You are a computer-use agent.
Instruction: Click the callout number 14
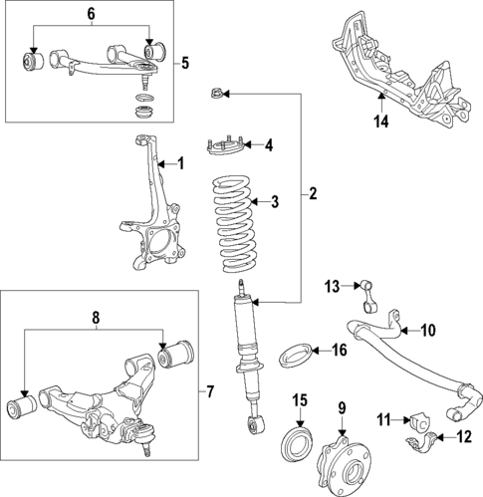380,124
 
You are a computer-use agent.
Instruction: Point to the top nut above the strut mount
216,96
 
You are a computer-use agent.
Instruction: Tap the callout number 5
185,63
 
